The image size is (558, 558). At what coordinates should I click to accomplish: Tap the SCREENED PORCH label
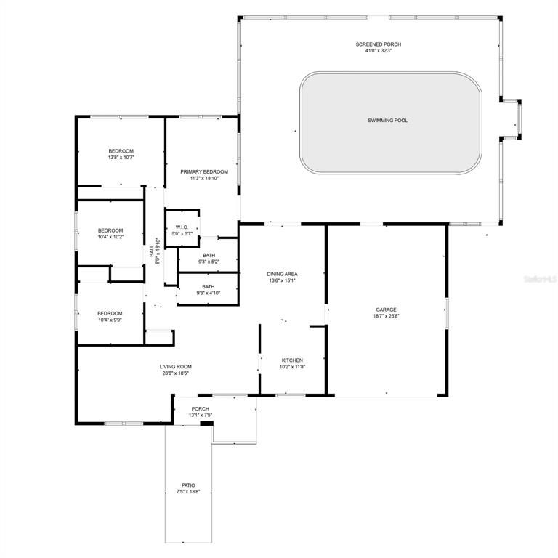click(x=378, y=44)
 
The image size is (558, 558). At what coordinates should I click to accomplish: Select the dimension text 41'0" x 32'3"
click(x=378, y=51)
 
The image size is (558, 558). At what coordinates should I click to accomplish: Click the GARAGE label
click(x=386, y=310)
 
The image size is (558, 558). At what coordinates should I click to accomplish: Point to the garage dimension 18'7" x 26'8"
click(x=386, y=316)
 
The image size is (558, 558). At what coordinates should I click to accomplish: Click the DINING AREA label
click(x=282, y=274)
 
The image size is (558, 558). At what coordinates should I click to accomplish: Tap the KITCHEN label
click(x=292, y=360)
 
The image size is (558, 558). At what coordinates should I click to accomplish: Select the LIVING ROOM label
click(x=176, y=367)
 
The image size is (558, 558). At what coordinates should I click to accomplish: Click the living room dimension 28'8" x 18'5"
click(x=176, y=373)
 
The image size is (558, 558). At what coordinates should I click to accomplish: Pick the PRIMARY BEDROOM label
click(x=204, y=172)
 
